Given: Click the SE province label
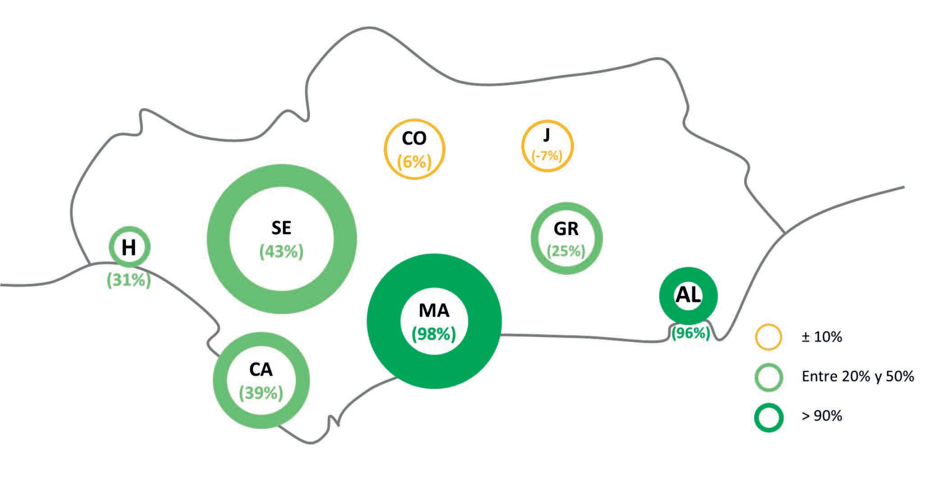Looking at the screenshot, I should click(281, 228).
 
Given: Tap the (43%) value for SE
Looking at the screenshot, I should click(281, 251).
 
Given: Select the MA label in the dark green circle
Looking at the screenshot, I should click(434, 310).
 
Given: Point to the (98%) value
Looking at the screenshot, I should click(434, 334).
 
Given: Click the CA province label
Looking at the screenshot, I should click(261, 370).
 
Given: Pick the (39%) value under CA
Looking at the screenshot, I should click(261, 393).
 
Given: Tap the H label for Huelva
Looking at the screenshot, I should click(129, 247).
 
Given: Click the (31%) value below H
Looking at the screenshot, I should click(129, 281).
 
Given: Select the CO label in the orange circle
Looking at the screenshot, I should click(414, 139).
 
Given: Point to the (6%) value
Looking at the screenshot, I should click(414, 161).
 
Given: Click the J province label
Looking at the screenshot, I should click(547, 135).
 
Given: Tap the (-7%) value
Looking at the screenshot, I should click(547, 156).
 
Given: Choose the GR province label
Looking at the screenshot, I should click(566, 229).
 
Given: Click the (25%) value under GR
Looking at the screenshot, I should click(566, 251).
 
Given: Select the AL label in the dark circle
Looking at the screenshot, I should click(688, 295).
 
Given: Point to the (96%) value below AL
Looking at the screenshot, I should click(690, 333).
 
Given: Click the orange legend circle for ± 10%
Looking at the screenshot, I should click(769, 337).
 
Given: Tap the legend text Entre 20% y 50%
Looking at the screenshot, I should click(857, 377).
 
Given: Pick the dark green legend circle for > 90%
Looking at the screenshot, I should click(769, 417).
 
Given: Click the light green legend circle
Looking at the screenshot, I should click(769, 377).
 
